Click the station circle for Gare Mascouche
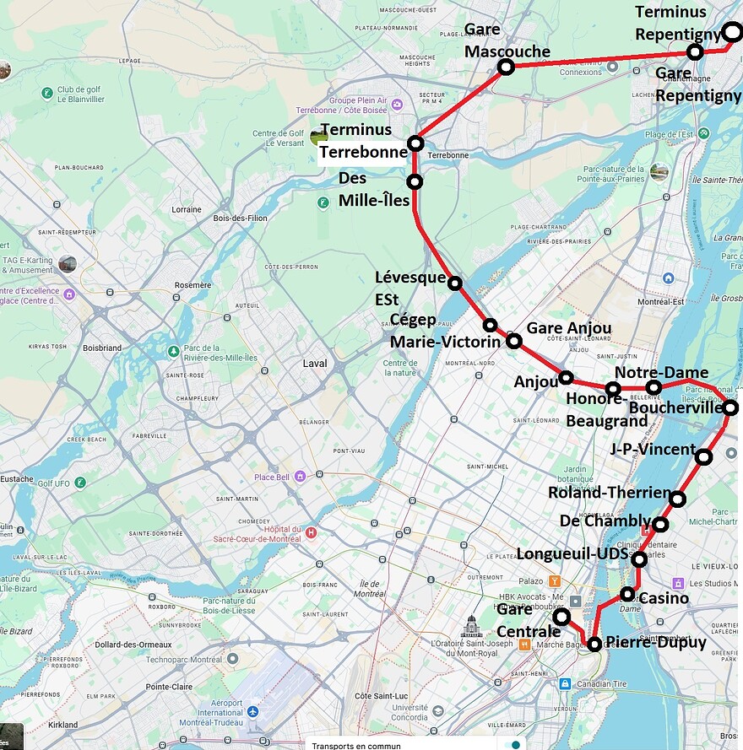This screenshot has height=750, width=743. tap(506, 67)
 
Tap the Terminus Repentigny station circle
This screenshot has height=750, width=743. tap(733, 32)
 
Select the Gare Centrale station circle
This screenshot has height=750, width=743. tap(561, 618)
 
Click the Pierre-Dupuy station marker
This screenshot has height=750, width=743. tap(594, 644)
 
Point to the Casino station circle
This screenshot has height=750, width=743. tap(627, 594)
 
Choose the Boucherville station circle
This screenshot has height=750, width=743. tap(730, 407)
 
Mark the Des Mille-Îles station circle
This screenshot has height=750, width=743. tap(415, 181)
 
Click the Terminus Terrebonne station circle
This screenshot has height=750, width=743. tap(415, 143)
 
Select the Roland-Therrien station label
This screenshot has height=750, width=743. tap(609, 493)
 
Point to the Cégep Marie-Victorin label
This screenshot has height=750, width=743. tap(437, 331)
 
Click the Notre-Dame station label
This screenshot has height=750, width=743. tap(661, 373)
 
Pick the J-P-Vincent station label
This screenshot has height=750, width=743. tap(652, 450)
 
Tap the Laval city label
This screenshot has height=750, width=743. tap(314, 364)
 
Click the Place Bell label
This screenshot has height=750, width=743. tap(272, 477)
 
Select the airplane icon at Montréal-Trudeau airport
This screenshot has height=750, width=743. tap(252, 712)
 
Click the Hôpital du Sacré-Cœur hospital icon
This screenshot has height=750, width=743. tap(312, 532)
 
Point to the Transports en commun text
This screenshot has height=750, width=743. tap(356, 745)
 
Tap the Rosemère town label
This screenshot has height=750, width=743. tap(193, 285)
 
